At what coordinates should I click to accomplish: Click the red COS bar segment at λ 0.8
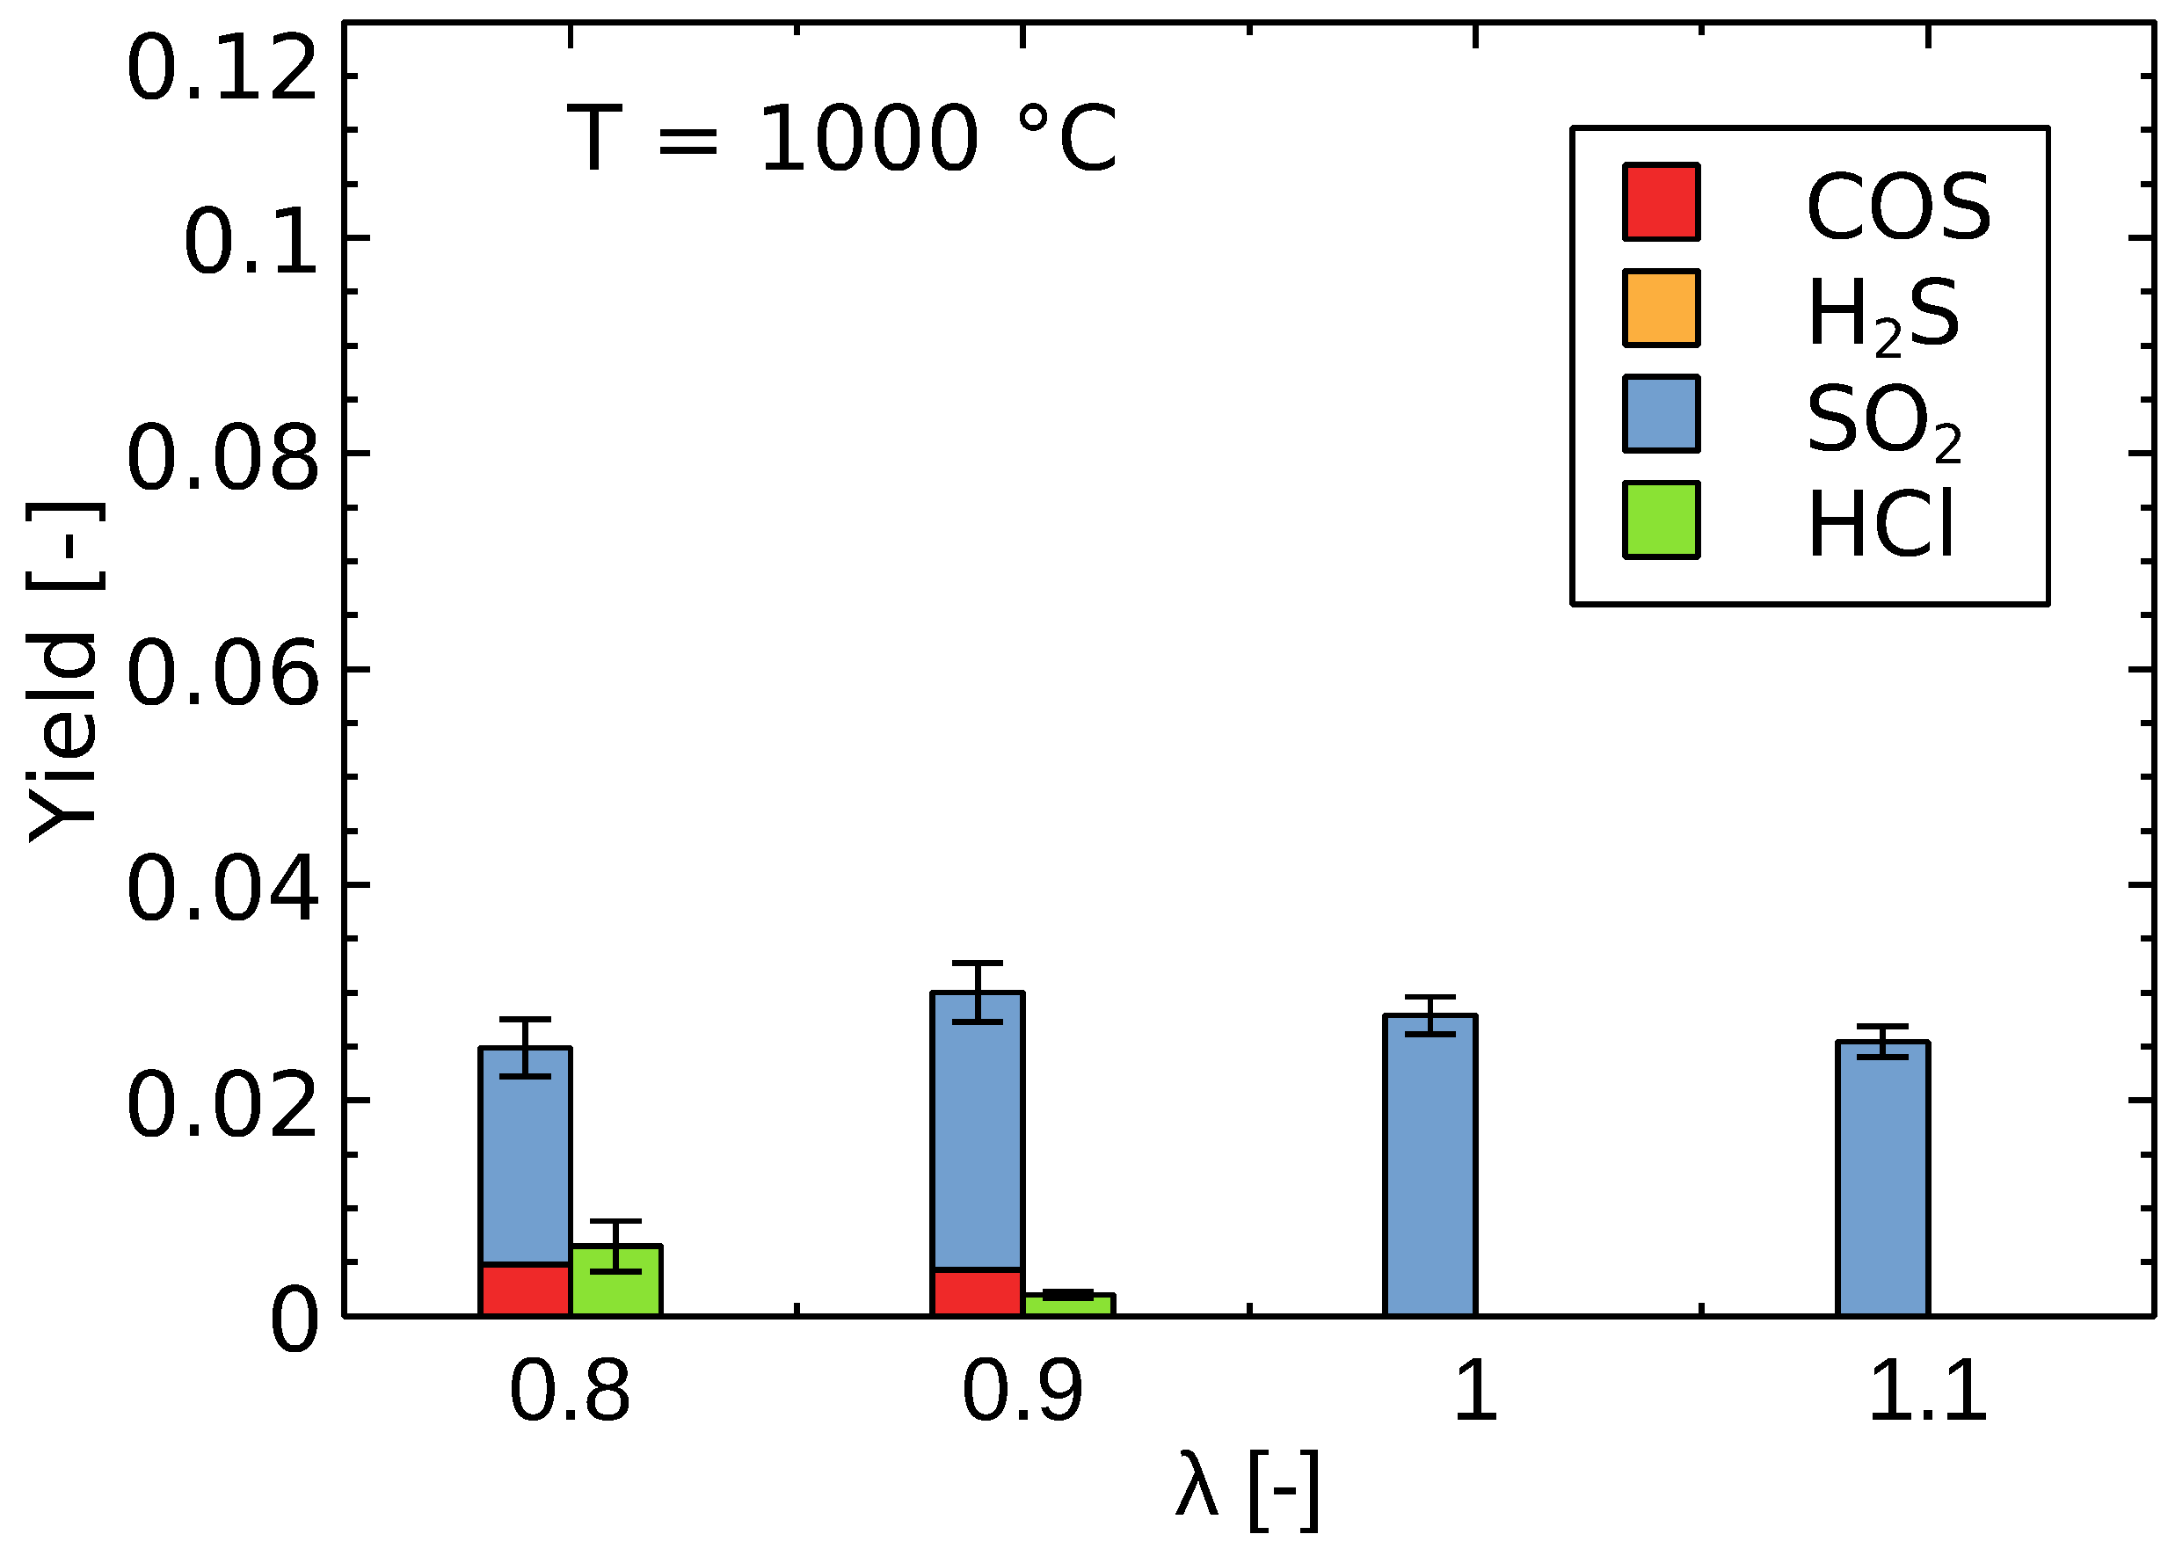click(x=525, y=1291)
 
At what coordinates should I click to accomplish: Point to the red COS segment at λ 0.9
click(x=977, y=1293)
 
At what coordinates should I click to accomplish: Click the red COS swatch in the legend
click(x=1661, y=202)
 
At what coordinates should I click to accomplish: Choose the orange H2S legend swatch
click(x=1661, y=308)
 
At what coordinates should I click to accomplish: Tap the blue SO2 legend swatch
click(x=1661, y=414)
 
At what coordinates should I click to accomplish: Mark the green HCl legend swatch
click(x=1661, y=520)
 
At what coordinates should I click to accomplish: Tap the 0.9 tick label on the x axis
click(x=1022, y=1392)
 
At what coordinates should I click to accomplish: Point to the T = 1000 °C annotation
click(x=841, y=139)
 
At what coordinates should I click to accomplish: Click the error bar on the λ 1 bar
click(x=1430, y=1015)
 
